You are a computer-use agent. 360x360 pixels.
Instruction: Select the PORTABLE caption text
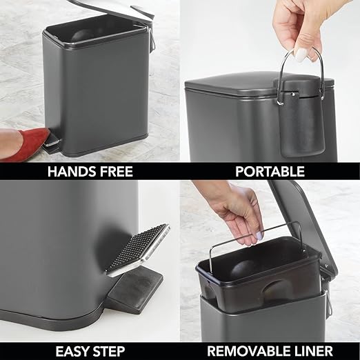tap(270, 171)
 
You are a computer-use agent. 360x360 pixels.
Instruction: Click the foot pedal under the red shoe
tap(51, 144)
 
